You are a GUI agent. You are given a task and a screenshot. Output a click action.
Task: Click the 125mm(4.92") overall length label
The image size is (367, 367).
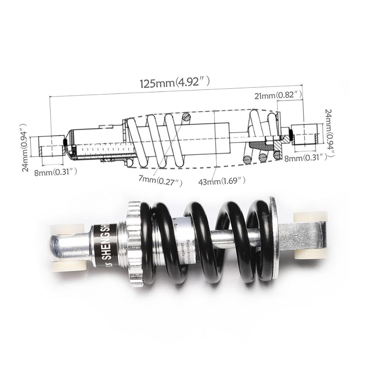[x=175, y=83]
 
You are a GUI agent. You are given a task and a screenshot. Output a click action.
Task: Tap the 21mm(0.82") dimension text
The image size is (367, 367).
[x=278, y=95]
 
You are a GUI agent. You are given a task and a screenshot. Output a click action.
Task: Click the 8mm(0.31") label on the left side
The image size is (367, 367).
[x=55, y=171]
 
